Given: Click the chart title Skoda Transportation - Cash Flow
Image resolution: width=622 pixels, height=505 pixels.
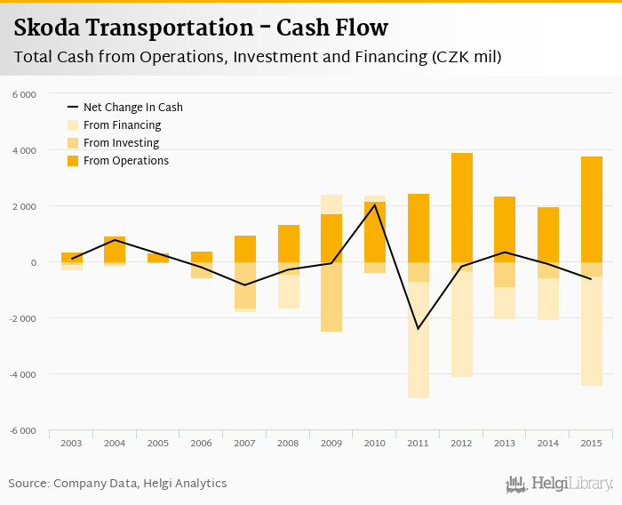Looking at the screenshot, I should (x=201, y=28).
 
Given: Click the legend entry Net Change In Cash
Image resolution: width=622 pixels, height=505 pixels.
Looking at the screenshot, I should (x=132, y=108).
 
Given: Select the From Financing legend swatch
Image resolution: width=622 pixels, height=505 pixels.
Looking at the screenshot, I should (x=74, y=125).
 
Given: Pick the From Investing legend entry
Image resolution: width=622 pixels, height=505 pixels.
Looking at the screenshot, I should (x=121, y=143).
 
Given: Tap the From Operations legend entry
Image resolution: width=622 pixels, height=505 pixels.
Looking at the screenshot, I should (x=125, y=161).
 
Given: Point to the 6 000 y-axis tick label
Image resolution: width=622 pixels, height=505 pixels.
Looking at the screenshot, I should (x=24, y=94).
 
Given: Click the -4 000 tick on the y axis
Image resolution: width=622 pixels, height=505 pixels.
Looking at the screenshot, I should (x=23, y=374).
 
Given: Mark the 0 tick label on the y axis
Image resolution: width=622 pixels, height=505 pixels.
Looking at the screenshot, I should (x=32, y=262).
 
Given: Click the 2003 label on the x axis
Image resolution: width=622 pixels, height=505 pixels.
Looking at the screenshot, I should (x=71, y=443).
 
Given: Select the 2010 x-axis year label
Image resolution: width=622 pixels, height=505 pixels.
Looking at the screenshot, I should (x=374, y=443).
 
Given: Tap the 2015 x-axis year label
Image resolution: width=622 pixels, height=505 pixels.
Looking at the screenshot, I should (x=591, y=443).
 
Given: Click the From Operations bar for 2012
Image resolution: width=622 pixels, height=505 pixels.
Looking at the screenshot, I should (x=461, y=207).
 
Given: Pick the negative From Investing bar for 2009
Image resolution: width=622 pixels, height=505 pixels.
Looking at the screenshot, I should (x=331, y=297).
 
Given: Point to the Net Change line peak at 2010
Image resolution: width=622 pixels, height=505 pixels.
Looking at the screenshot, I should (x=374, y=204).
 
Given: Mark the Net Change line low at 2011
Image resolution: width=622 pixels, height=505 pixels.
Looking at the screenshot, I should (x=418, y=329).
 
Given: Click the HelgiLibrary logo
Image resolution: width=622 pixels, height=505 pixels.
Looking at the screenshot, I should (x=560, y=485).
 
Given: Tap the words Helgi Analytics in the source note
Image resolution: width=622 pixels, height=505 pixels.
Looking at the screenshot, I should (x=185, y=484).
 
